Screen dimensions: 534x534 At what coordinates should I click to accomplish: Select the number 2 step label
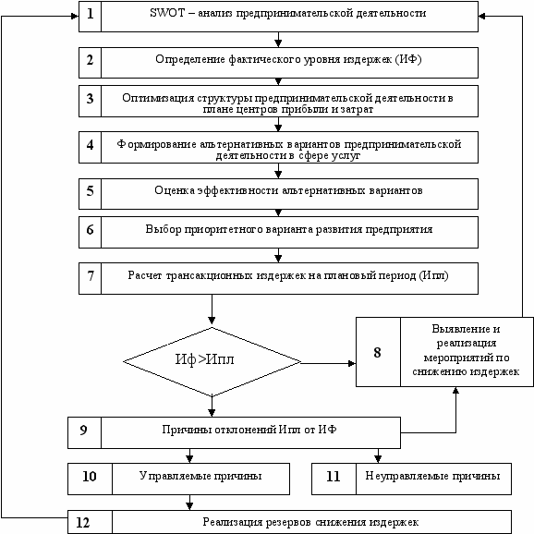tap(90, 60)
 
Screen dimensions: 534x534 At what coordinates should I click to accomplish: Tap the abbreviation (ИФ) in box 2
tap(408, 59)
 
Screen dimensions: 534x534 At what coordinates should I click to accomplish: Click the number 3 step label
tap(90, 99)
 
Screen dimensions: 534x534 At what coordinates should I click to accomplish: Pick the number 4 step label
tap(90, 145)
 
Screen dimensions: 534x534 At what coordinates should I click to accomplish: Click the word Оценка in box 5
tap(175, 190)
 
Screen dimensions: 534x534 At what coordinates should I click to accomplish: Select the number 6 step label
tap(90, 229)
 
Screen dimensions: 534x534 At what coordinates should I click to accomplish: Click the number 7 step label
tap(91, 276)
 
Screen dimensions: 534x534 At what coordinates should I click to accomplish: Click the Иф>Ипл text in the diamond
tap(205, 359)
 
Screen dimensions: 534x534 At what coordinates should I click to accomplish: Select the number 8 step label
tap(377, 353)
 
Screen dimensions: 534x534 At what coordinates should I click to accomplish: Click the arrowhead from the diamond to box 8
tap(352, 363)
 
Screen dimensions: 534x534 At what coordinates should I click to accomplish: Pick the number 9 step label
tap(83, 431)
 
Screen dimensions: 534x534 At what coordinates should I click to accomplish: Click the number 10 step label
tap(90, 477)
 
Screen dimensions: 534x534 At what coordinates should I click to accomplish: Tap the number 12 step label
tap(83, 523)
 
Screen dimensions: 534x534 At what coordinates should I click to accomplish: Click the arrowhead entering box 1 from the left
tap(75, 16)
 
